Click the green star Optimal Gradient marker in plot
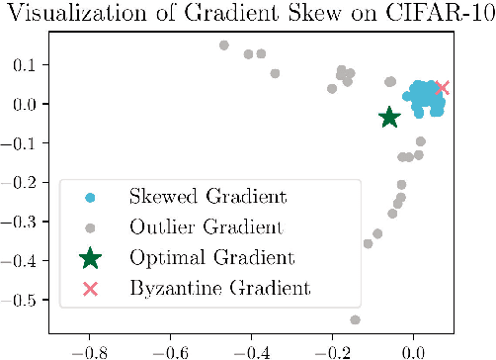pos(389,117)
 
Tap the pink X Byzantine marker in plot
pos(442,88)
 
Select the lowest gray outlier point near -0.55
pos(356,319)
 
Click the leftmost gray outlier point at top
pos(224,45)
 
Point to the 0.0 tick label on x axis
pos(414,350)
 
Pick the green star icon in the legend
pos(90,258)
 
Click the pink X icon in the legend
pos(90,289)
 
